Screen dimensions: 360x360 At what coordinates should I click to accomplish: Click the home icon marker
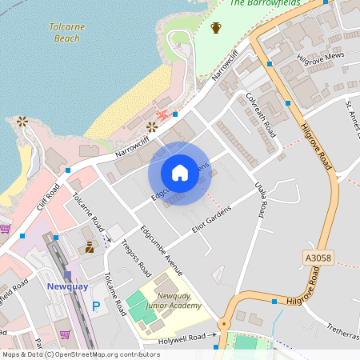pos(179,173)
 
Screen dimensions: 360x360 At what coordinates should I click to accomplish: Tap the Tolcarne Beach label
pos(67,32)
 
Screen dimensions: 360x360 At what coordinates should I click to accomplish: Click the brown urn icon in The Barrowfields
pos(215,28)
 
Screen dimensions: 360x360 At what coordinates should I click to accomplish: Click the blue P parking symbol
pos(97,306)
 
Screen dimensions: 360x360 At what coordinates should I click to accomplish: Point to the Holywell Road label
pos(186,338)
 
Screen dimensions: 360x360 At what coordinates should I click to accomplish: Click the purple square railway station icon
pos(68,275)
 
